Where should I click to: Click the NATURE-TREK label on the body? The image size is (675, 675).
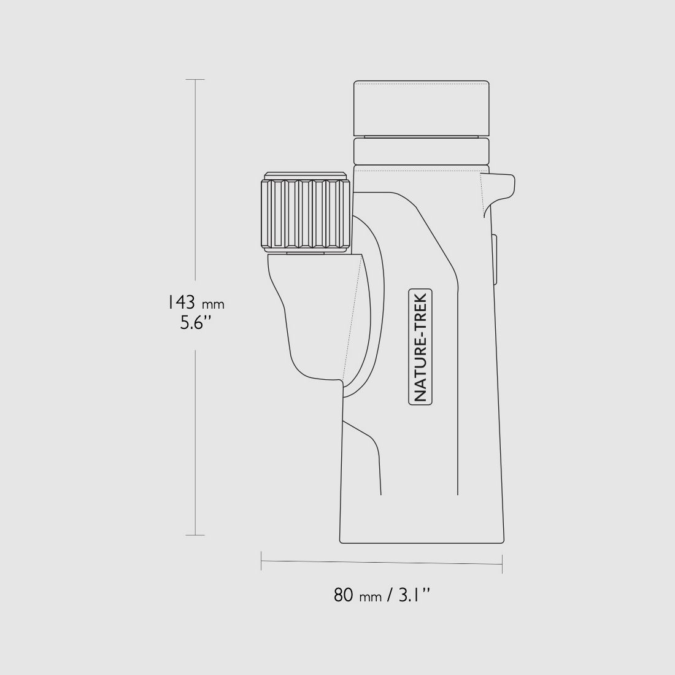pyautogui.click(x=420, y=347)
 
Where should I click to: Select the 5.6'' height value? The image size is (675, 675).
pyautogui.click(x=196, y=323)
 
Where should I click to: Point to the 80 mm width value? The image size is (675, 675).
pyautogui.click(x=357, y=595)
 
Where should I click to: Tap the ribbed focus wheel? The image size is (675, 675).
pyautogui.click(x=305, y=214)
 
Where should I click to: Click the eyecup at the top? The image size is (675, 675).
pyautogui.click(x=422, y=109)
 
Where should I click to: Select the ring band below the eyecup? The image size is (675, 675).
pyautogui.click(x=422, y=151)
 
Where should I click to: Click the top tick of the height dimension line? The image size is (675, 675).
pyautogui.click(x=195, y=80)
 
